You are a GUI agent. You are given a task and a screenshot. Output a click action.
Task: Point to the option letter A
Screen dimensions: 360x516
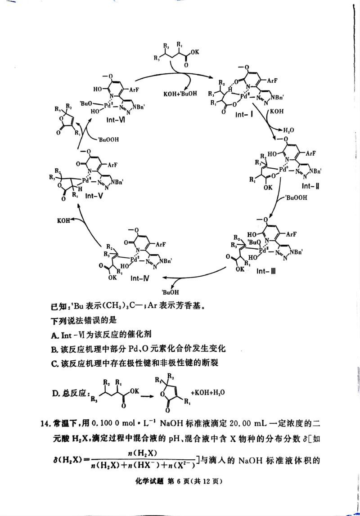[54, 335]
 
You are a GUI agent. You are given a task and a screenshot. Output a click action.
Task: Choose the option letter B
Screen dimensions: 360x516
[54, 349]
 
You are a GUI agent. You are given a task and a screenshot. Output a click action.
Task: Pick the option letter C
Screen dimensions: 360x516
[54, 363]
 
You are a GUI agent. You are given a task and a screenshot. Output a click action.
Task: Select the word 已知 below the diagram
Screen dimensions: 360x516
[59, 308]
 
